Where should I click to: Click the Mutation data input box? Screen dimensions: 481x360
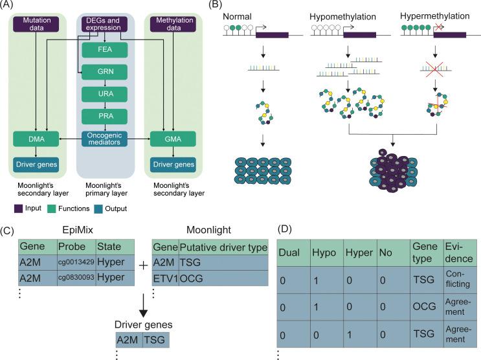[x=36, y=24]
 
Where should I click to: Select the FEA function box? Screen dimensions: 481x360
[x=105, y=50]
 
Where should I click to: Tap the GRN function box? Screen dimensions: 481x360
[x=105, y=72]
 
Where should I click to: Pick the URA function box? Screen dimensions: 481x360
[x=105, y=94]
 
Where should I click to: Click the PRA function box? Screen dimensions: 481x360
[x=105, y=116]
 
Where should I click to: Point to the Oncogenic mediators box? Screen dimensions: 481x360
[x=105, y=139]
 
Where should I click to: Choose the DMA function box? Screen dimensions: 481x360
[x=36, y=139]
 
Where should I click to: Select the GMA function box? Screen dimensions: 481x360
[x=173, y=139]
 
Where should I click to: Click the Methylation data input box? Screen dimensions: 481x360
[x=173, y=24]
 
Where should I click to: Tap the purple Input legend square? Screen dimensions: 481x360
[x=18, y=208]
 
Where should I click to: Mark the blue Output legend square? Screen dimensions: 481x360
[x=98, y=208]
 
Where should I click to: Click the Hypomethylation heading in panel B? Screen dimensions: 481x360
[x=342, y=17]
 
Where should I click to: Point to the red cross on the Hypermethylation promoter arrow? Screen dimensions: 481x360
[x=439, y=27]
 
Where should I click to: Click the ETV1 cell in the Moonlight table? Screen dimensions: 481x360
[x=165, y=278]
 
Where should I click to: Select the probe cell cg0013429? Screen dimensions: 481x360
[x=76, y=262]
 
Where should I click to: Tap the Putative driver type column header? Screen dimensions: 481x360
[x=223, y=247]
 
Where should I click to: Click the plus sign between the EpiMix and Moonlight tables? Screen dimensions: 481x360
[x=143, y=265]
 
